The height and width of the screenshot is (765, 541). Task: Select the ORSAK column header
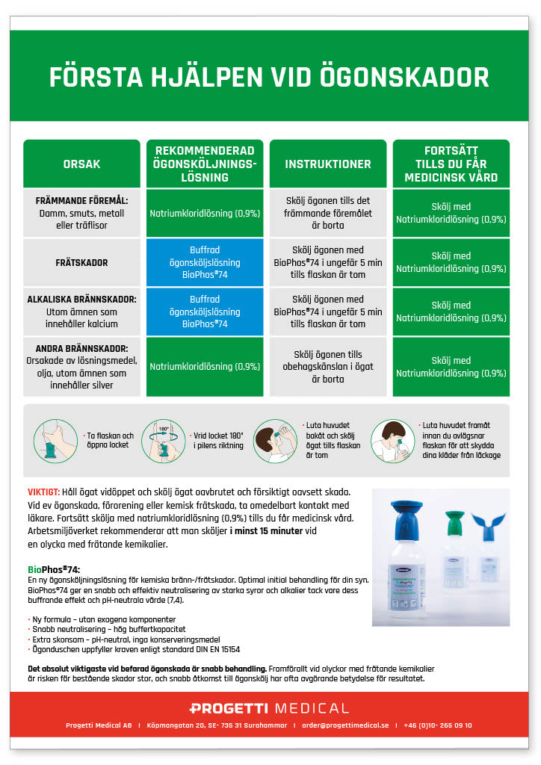[x=81, y=164]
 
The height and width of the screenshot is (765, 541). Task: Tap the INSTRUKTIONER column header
[x=328, y=164]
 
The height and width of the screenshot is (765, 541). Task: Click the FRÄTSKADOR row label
[x=81, y=263]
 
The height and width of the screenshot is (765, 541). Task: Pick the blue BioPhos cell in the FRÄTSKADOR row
[x=205, y=263]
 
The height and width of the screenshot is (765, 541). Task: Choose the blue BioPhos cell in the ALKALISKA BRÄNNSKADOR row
[x=205, y=312]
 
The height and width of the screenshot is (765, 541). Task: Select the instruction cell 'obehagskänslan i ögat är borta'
[x=328, y=367]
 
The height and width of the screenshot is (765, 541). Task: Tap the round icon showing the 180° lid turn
[x=162, y=440]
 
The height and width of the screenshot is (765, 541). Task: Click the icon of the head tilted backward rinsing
[x=276, y=440]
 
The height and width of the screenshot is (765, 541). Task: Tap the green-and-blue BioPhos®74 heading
[x=53, y=569]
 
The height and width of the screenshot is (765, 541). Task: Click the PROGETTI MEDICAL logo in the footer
[x=270, y=708]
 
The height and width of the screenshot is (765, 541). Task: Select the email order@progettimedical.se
[x=345, y=725]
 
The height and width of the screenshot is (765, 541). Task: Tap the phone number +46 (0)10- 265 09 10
[x=438, y=725]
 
